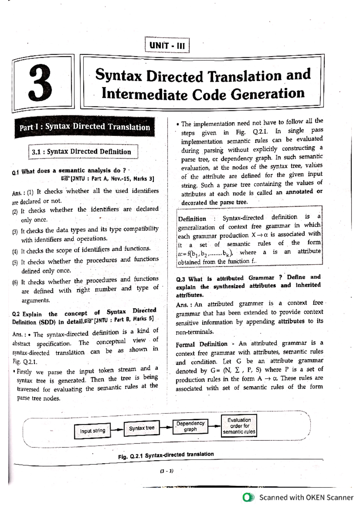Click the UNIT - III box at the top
pos(167,45)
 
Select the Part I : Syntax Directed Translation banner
pos(85,127)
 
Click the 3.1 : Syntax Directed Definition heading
pos(82,152)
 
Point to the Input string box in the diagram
pos(92,431)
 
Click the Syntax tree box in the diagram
pos(142,428)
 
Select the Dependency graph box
pos(190,426)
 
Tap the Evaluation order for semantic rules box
pos(239,426)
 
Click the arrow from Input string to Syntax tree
pos(117,430)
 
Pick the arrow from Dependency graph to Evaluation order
pos(214,426)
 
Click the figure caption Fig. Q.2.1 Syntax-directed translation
pos(166,455)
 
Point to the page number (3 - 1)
pos(167,471)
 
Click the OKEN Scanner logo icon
pos(248,497)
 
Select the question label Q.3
pos(180,279)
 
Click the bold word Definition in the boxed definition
pos(192,219)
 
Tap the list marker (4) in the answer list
pos(15,252)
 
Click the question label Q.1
pos(15,172)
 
